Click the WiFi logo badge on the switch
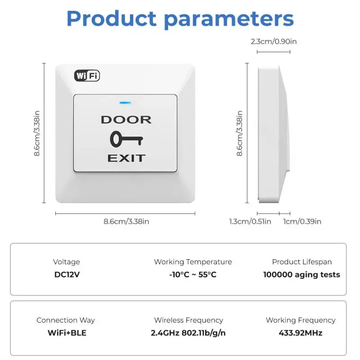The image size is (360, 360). [87, 76]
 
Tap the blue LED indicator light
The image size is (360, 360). [125, 102]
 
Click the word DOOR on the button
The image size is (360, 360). [126, 120]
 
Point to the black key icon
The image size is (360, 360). [126, 139]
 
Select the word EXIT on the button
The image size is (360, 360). [126, 158]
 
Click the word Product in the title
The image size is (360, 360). [112, 19]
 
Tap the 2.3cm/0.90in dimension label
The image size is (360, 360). [274, 42]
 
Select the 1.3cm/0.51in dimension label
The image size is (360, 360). [250, 221]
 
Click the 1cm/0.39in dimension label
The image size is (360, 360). [302, 221]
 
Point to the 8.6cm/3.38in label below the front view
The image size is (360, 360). [126, 221]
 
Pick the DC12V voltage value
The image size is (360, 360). [67, 274]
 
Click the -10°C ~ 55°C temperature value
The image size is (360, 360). [193, 274]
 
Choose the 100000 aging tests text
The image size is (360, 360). [301, 274]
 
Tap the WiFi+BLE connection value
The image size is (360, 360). [67, 333]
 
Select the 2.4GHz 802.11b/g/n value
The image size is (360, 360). [188, 333]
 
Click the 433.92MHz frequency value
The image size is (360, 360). [301, 333]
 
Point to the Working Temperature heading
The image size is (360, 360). [193, 262]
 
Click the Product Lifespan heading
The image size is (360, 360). [301, 262]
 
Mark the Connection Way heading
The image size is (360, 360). [66, 320]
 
